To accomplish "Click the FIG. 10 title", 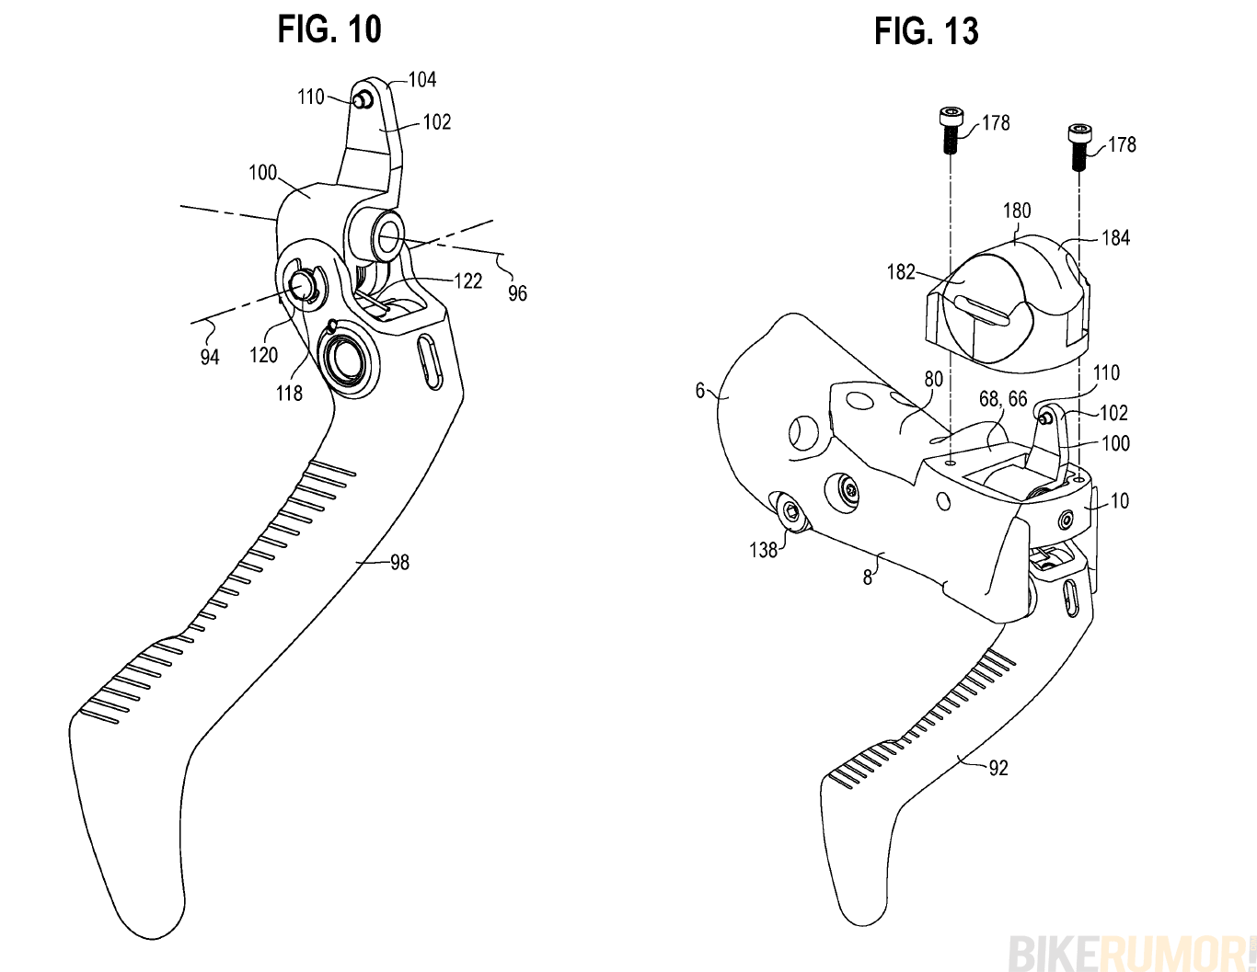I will (x=329, y=29).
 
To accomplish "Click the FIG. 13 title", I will (x=926, y=31).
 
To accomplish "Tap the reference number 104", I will (x=422, y=80).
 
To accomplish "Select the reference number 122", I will (x=468, y=281).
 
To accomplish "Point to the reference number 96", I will (x=518, y=292).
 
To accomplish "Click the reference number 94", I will (x=210, y=357).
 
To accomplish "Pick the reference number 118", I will (x=289, y=393).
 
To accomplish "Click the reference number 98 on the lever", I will (x=399, y=562).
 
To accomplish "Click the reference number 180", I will (x=1016, y=211).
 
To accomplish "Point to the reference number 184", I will (x=1115, y=238).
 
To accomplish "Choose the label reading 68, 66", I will (x=1003, y=398).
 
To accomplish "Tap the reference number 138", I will (x=764, y=550).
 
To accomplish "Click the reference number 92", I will (x=998, y=767).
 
